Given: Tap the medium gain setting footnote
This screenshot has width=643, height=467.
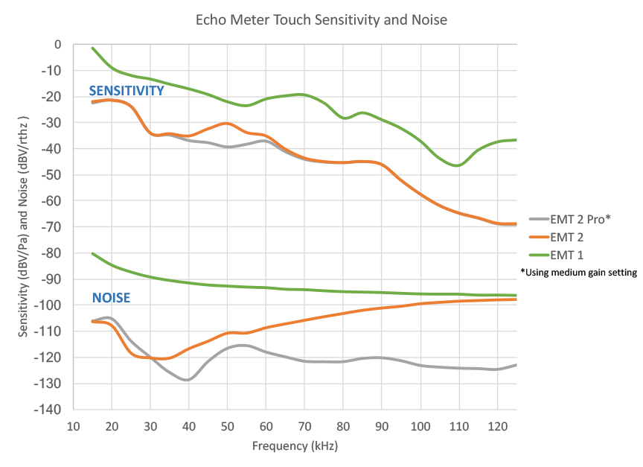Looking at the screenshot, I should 579,273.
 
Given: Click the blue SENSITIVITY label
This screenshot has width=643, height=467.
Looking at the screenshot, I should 127,91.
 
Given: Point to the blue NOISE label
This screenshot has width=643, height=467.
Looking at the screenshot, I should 111,298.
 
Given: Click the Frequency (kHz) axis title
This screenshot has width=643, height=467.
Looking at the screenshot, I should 295,446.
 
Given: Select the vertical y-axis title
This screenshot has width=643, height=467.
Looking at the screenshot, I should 25,227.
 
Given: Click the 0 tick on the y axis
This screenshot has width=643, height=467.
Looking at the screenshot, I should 57,45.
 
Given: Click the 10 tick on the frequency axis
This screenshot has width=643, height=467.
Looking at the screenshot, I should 73,427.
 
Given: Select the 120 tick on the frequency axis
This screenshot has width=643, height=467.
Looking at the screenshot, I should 497,427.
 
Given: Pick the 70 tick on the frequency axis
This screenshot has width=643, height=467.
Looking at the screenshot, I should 304,427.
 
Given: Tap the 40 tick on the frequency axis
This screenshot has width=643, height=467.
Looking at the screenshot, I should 189,427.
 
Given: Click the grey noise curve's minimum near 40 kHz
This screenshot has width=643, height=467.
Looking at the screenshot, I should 188,380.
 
